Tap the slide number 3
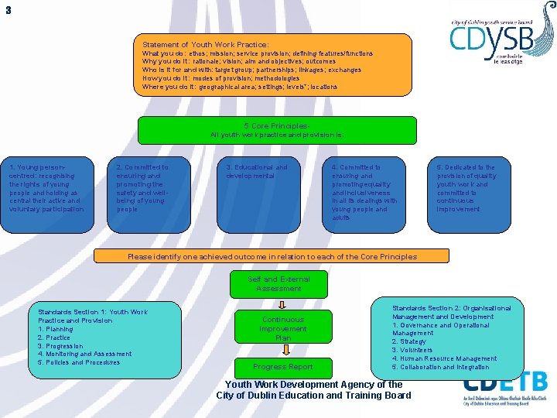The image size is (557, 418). (7, 9)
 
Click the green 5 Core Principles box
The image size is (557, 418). (277, 129)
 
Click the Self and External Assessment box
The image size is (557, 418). (278, 284)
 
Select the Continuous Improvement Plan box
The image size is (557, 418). (283, 328)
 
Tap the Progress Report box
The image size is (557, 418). (283, 367)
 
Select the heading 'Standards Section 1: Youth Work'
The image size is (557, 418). (92, 312)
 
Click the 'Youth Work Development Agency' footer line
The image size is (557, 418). (313, 385)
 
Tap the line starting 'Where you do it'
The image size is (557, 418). (240, 87)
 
